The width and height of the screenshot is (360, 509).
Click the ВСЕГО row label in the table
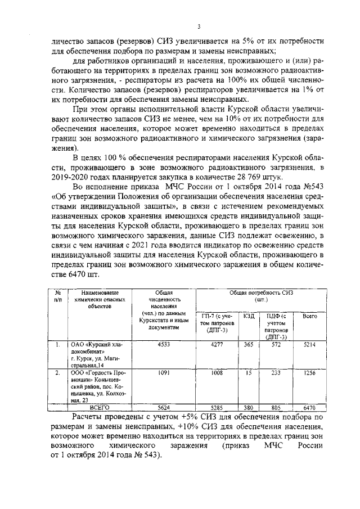click(99, 407)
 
